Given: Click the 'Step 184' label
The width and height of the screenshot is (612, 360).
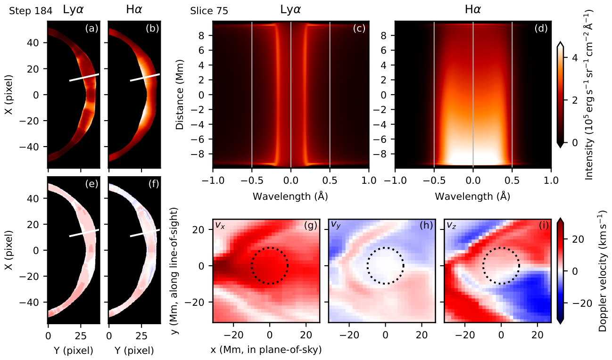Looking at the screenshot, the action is (31, 11).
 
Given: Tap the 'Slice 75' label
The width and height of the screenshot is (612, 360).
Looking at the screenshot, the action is (209, 11).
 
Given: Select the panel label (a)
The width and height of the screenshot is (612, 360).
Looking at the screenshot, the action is (91, 28).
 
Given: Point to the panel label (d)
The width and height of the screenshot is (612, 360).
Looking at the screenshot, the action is (541, 28).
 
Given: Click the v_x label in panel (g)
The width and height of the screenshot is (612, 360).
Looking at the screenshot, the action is (220, 225).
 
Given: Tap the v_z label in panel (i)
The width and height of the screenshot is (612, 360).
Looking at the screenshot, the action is (451, 225).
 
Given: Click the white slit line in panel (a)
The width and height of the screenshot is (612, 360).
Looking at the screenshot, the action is (84, 77).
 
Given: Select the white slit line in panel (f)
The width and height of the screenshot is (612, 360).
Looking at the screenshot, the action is (145, 233).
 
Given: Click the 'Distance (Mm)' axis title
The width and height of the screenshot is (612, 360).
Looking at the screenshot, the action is (180, 95).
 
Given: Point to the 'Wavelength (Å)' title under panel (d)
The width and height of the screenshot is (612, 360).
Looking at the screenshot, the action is (472, 196).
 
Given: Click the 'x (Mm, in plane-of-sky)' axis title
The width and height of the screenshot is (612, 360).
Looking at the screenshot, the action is (266, 350).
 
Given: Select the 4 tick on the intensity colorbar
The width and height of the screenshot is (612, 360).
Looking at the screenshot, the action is (575, 58).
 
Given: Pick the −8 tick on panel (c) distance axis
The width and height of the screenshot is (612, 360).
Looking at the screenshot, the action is (198, 154).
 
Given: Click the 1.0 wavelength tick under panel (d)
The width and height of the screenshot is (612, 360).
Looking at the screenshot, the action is (551, 180).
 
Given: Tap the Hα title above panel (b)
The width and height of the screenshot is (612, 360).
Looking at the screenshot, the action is (134, 10).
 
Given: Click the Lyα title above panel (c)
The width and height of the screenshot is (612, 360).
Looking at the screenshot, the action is (291, 10).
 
